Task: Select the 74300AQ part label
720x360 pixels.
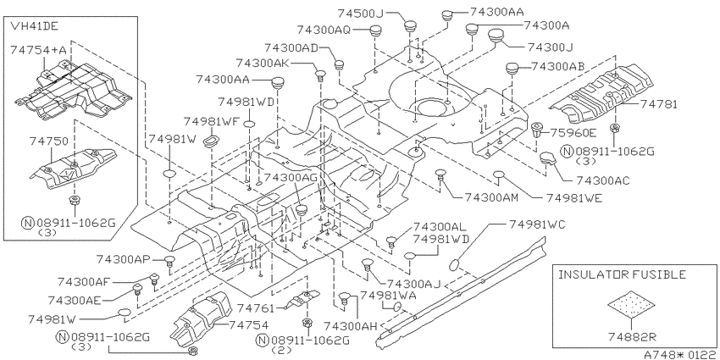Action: coord(324,30)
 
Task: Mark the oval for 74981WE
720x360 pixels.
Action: coord(500,175)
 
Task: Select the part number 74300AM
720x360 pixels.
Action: coord(491,197)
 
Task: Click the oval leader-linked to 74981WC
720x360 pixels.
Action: coord(454,265)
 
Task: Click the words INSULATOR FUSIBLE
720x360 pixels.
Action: coord(622,274)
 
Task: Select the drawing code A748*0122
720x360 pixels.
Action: coord(681,355)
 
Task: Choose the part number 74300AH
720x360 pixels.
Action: coord(351,326)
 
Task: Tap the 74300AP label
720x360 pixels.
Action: coord(124,259)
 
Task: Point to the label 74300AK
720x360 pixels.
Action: coord(263,63)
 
